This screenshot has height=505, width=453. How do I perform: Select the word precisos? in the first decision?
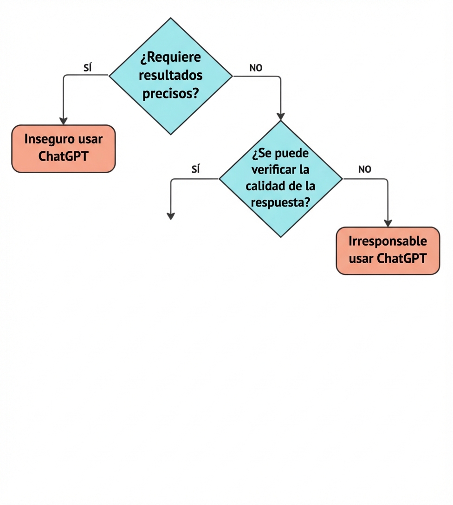point(171,93)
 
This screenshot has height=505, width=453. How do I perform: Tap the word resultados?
point(171,75)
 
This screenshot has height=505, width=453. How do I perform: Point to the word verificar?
point(272,170)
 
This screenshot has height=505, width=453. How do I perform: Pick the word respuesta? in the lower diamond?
point(280,202)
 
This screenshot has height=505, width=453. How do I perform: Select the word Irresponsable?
point(388,241)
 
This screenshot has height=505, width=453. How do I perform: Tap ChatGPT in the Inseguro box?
point(63,156)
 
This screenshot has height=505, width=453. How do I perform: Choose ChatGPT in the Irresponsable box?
point(401,258)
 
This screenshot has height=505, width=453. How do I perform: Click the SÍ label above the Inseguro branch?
point(88,68)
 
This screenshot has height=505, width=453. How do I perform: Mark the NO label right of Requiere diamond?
point(256,68)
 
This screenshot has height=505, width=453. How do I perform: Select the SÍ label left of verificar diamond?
point(196,169)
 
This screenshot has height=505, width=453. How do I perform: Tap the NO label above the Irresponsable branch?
point(365,169)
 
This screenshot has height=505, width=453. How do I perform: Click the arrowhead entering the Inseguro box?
point(63,121)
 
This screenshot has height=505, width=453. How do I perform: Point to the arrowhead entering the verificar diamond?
point(281,116)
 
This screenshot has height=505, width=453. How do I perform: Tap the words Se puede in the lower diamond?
point(280,154)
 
